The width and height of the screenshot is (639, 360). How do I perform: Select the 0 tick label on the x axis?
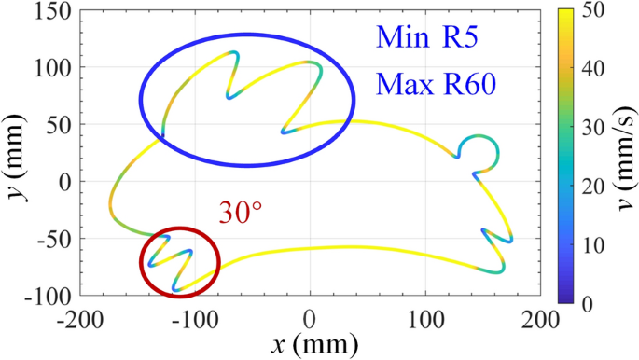(311, 320)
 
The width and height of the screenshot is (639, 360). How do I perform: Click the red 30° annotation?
(238, 213)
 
